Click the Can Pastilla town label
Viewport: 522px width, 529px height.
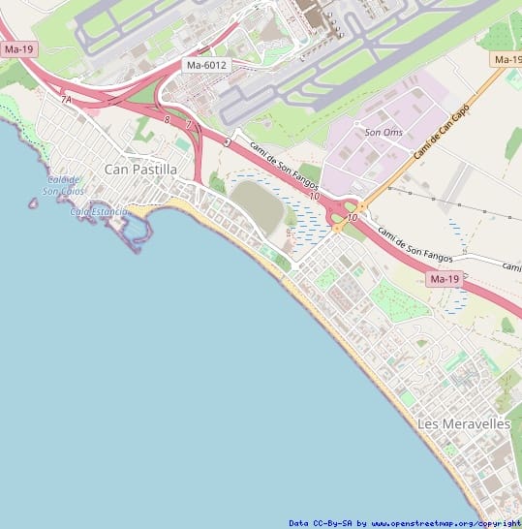click(140, 170)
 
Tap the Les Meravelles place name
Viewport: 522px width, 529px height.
click(463, 424)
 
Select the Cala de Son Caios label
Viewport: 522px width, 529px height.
click(64, 185)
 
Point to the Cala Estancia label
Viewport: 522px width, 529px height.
click(99, 211)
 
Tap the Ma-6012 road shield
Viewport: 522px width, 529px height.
click(206, 65)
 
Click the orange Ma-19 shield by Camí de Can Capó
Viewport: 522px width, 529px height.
click(507, 60)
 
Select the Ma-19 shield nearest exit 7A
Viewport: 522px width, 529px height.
click(18, 48)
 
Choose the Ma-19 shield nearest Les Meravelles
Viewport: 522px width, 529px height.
click(444, 279)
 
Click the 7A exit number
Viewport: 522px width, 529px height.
click(66, 100)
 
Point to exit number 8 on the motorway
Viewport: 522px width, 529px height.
click(167, 119)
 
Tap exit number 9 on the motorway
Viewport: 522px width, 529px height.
click(226, 142)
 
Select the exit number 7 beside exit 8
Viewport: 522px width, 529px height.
click(188, 124)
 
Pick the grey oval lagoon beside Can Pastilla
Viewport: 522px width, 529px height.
click(257, 206)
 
